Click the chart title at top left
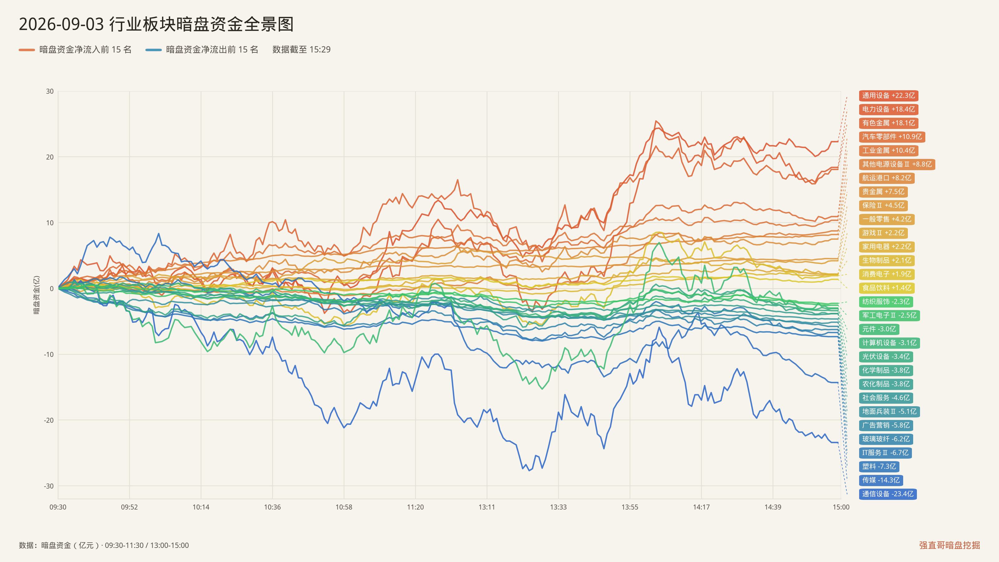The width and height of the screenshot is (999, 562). coord(156,24)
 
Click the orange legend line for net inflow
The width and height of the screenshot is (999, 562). coord(27,50)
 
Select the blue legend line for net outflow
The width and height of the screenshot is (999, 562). coord(154,50)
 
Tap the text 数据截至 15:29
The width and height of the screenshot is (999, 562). coord(301,50)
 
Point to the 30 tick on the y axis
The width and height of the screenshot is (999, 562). coord(50,91)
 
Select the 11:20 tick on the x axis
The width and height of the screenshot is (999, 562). coord(415,507)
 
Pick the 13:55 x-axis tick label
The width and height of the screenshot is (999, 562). coord(630,507)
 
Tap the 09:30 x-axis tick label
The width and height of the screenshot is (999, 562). coord(58,507)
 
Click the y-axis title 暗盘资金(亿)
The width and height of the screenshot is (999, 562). coord(37,295)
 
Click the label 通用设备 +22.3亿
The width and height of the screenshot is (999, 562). coord(888,96)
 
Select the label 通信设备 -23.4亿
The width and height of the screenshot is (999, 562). coord(888,494)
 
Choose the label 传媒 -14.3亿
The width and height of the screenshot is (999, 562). coord(881,480)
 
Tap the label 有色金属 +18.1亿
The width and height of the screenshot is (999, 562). coord(888,123)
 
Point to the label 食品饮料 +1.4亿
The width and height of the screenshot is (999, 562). coord(887,288)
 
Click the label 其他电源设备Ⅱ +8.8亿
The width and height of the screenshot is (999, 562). coord(897,164)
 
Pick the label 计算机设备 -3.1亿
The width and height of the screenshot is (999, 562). coord(889,343)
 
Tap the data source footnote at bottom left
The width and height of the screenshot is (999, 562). coord(104,545)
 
